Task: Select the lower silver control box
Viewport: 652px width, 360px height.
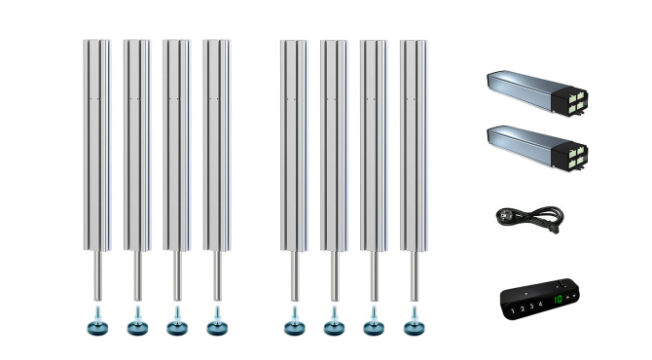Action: coord(525,144)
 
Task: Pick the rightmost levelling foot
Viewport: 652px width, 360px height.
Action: coord(415,324)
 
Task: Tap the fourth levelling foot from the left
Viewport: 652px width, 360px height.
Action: coord(217,324)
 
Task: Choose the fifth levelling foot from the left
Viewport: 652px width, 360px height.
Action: coord(295,324)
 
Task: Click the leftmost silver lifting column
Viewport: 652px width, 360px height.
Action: coord(97,146)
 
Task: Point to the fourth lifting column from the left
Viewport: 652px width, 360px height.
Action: coord(217,146)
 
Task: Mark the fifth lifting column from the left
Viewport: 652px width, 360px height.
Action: coord(295,146)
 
